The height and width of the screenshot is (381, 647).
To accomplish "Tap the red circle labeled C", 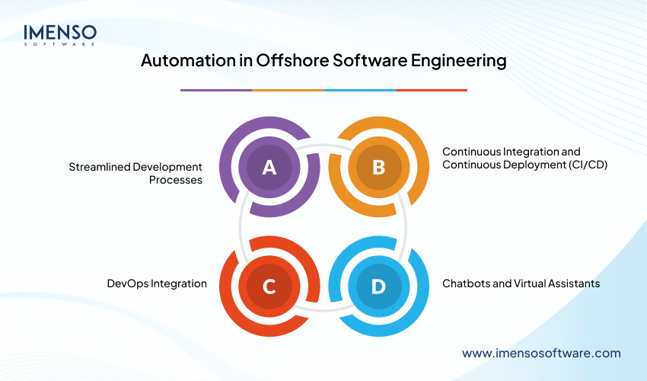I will tap(269, 286).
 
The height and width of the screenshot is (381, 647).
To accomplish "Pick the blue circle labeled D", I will tap(378, 286).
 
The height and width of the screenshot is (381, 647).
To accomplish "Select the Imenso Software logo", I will tap(59, 34).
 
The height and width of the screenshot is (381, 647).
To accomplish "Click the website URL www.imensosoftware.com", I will tap(541, 353).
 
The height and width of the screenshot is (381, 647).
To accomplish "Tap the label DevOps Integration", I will tap(157, 283).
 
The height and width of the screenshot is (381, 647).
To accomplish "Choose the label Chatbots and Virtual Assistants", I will tap(521, 283).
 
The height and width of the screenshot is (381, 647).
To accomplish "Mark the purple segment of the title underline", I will tap(216, 90).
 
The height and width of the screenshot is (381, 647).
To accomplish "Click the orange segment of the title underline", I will tap(288, 90).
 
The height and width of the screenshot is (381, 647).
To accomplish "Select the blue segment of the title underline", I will tap(359, 90).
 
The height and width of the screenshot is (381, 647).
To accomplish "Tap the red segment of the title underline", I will tap(432, 90).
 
